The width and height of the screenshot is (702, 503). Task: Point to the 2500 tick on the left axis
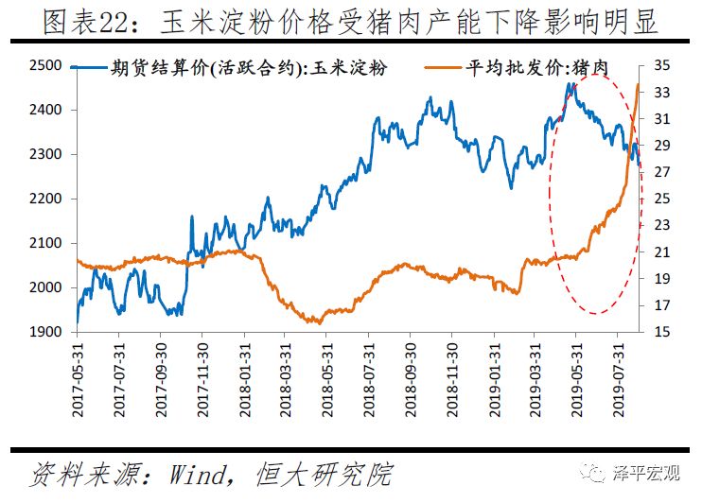[47, 65]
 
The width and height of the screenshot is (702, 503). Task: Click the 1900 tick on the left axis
[47, 332]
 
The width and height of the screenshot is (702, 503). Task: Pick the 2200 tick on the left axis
[47, 199]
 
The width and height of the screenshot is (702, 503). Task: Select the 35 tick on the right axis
[660, 65]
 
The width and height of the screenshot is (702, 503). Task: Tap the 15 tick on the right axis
[660, 332]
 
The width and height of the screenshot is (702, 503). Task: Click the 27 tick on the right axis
[660, 172]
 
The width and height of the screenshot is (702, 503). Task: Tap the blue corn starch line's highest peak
[571, 83]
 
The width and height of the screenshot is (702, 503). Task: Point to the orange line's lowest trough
[318, 322]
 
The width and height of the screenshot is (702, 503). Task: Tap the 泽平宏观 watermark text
[652, 477]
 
